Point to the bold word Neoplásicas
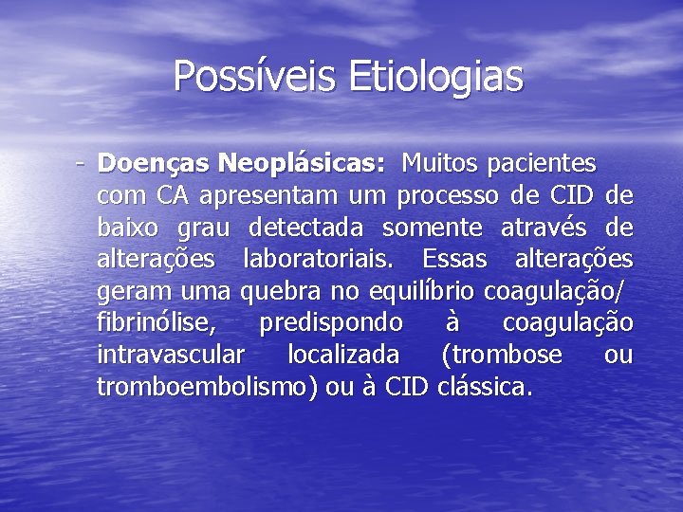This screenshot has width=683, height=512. (x=301, y=164)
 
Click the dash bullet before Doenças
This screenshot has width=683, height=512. (x=82, y=163)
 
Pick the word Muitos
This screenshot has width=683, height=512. (x=439, y=164)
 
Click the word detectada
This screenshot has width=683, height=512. (x=308, y=229)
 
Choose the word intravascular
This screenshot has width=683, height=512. (x=170, y=356)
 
